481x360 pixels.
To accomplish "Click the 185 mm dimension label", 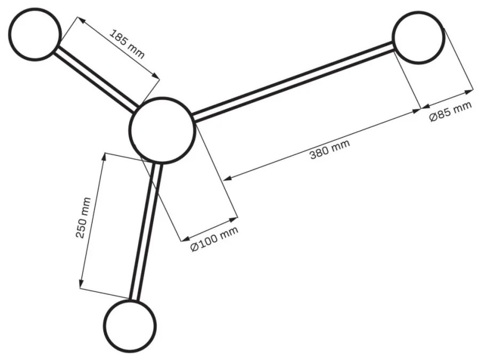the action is click(127, 44).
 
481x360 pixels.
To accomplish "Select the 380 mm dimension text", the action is click(330, 149).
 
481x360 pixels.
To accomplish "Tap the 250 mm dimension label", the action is click(83, 218).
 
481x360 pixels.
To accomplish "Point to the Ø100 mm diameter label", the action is click(214, 239).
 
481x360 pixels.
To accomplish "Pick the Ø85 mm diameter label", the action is click(451, 111).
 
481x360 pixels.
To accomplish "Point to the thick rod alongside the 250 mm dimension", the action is click(145, 231).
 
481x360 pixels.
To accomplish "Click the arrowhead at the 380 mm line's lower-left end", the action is click(227, 178).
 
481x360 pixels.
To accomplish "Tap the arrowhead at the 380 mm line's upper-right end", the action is click(416, 110).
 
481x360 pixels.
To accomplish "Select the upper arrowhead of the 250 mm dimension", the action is click(104, 157).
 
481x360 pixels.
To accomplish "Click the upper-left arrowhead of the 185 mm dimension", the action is click(81, 20).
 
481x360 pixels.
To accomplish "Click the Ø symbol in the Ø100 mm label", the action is click(194, 246).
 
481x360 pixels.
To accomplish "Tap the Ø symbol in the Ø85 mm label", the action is click(433, 117).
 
